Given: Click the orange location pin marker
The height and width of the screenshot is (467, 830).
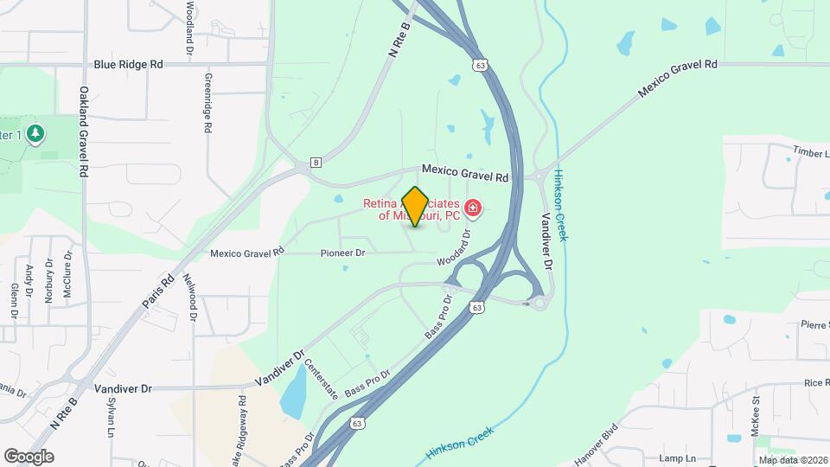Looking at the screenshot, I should pos(416,206).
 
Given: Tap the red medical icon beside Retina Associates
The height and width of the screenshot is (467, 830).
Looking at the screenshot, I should pos(473,208).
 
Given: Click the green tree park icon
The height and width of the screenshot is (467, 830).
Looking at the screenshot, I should pos(35,134).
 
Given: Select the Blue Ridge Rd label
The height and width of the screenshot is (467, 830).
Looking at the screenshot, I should pos(129,64).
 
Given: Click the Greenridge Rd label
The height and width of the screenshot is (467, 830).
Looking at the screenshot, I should pos(207,102).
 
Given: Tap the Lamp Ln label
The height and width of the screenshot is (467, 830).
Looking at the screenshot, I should pos(676,457).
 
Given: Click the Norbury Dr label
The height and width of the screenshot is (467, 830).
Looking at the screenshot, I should pos(49,278).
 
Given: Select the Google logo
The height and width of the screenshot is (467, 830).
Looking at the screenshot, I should pos(29,457).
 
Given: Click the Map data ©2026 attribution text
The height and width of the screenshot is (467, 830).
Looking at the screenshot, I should pos(790,460).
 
